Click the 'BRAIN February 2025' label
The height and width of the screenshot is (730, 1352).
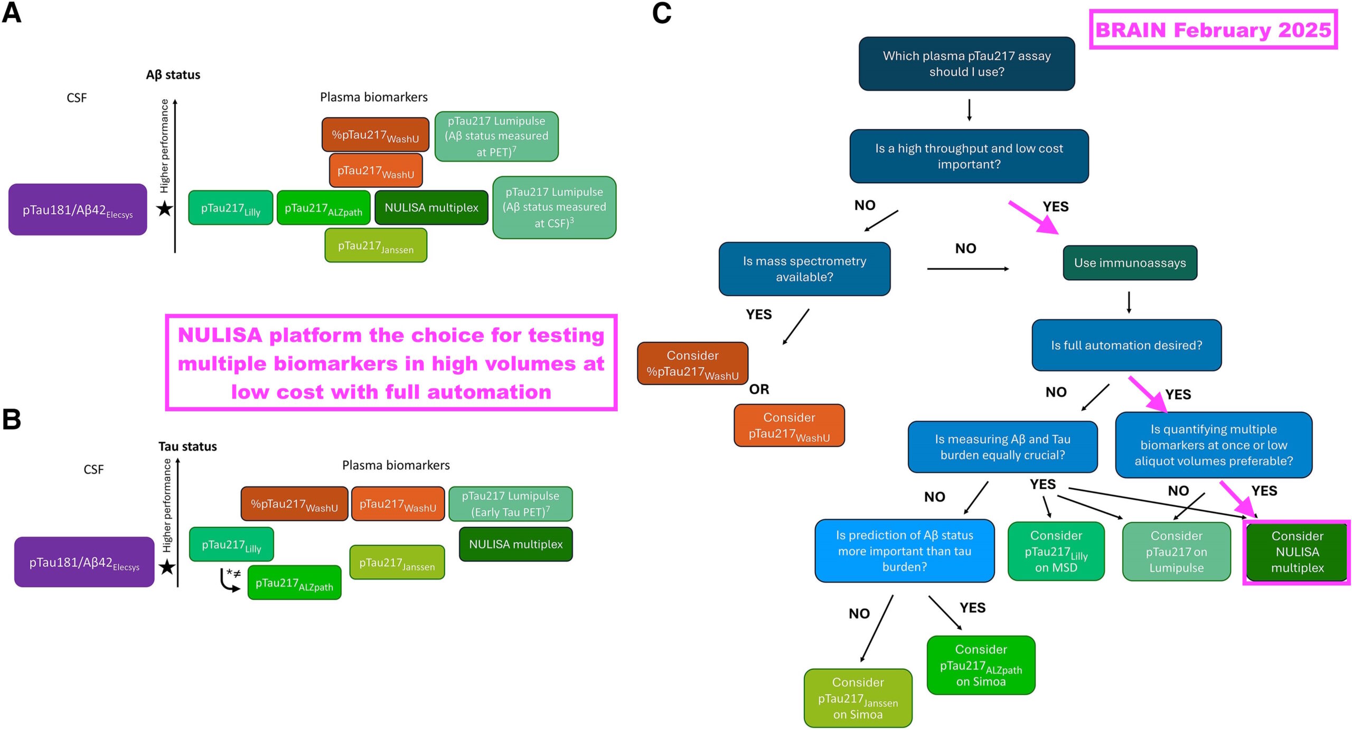[1213, 30]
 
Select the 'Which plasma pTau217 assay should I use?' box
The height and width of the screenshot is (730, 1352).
[966, 64]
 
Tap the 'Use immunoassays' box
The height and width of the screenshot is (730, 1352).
[1130, 263]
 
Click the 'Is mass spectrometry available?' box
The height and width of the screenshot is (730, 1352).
[804, 269]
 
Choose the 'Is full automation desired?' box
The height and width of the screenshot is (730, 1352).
[1126, 345]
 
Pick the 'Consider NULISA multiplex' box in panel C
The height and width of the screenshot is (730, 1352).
[1297, 552]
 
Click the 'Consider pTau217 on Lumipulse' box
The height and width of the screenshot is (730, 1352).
[1176, 552]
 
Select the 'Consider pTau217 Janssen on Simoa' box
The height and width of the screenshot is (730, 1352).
[858, 698]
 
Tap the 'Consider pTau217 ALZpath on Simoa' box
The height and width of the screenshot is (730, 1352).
[981, 665]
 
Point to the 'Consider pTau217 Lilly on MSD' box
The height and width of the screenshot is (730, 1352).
[1056, 551]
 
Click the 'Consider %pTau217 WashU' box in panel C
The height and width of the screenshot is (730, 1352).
[692, 364]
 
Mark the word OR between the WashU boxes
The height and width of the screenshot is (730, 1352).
[759, 390]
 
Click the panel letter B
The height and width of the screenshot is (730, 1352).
[12, 420]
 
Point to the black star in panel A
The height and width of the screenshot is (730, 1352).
[165, 208]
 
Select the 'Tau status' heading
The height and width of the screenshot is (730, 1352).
[187, 447]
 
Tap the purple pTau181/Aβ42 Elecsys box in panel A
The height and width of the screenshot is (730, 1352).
[78, 210]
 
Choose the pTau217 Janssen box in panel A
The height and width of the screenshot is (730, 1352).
[375, 245]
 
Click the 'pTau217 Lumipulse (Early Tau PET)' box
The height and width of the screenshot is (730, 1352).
[510, 504]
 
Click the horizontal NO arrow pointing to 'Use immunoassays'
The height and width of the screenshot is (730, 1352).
[968, 269]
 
